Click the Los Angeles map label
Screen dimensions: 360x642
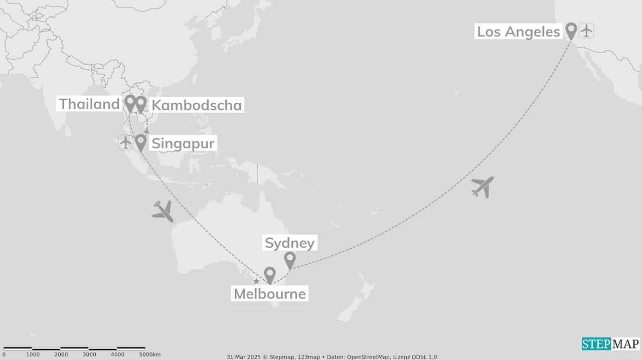(518, 32)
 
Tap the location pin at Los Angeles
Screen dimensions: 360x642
(571, 31)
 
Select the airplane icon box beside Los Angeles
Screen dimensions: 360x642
(586, 31)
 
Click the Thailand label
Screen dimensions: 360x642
(89, 104)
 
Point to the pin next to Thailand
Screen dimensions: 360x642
(130, 103)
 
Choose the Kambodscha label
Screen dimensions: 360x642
(197, 105)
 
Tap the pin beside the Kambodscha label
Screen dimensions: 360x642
(141, 103)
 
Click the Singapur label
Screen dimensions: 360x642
(183, 143)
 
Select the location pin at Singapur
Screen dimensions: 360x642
(141, 142)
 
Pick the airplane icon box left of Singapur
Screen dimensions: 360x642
(125, 142)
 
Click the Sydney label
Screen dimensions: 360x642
(290, 243)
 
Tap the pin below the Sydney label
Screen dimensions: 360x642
(290, 259)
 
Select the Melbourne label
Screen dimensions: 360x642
(270, 293)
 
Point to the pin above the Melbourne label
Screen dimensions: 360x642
(270, 275)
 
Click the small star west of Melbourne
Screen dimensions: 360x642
(256, 281)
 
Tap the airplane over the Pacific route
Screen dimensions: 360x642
(483, 187)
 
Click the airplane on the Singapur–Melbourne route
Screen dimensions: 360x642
(163, 211)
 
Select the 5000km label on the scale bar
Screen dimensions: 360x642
(149, 355)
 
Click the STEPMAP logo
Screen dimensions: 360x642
(610, 344)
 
